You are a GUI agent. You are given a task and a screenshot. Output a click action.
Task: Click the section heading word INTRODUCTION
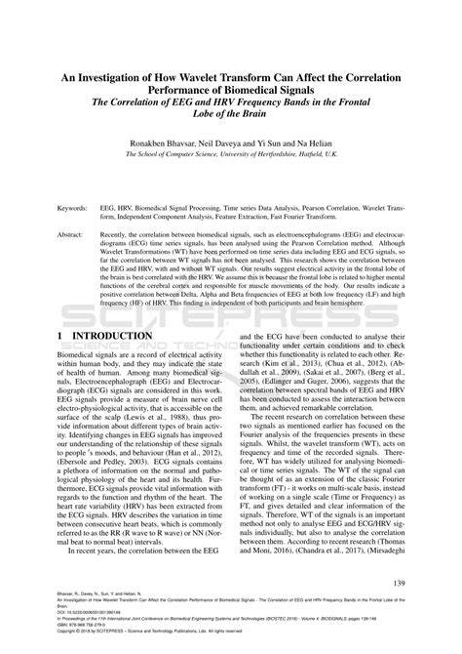110,335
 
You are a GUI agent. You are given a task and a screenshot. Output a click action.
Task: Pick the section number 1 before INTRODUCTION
60,335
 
